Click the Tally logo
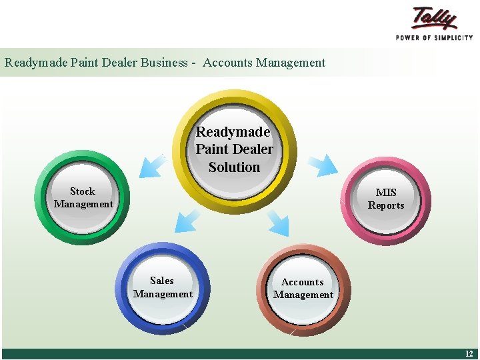[434, 18]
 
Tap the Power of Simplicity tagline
[434, 38]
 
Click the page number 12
[468, 354]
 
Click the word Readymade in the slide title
[29, 63]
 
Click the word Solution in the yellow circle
[234, 167]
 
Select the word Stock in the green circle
[83, 191]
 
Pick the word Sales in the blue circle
[162, 281]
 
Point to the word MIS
[386, 193]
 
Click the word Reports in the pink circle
[386, 205]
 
